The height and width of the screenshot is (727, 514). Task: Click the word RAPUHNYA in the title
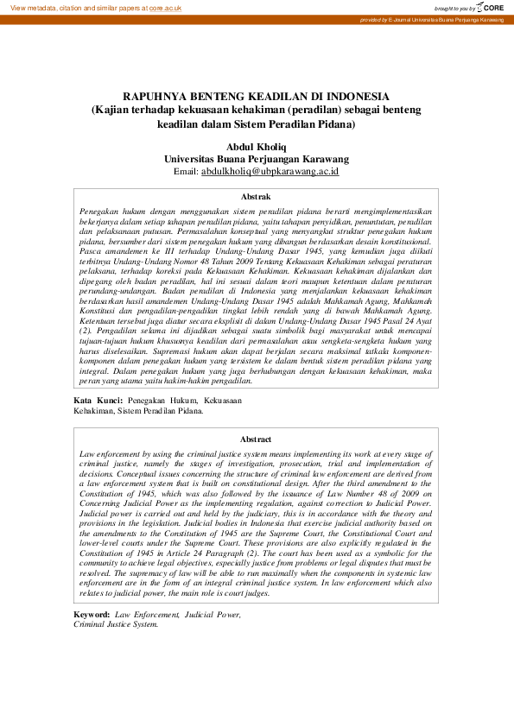162,96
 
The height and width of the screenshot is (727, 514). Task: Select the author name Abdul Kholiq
257,147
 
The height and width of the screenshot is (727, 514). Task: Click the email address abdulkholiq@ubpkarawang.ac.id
270,172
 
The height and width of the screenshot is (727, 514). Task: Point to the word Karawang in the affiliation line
323,159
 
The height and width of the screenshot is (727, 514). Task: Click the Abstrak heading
256,198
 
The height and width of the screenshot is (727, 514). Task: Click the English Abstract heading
256,439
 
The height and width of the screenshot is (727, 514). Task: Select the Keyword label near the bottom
92,614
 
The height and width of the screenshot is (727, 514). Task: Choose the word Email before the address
186,172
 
